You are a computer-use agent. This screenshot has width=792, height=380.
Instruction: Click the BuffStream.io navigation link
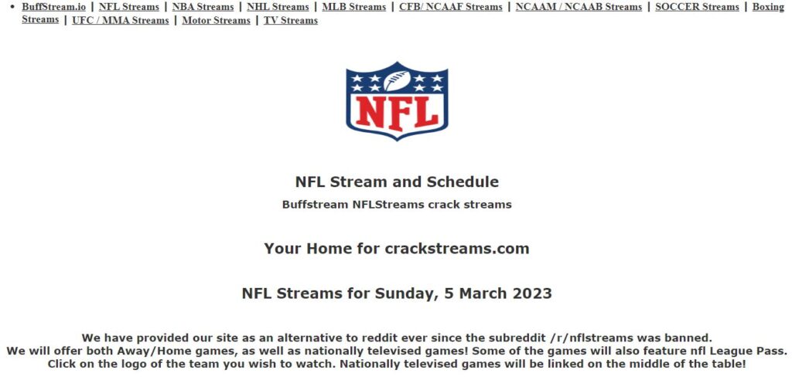point(53,7)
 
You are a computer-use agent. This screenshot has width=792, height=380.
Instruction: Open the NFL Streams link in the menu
point(129,7)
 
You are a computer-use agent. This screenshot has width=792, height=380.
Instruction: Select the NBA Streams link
point(203,7)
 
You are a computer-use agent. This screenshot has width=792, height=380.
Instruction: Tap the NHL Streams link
point(278,7)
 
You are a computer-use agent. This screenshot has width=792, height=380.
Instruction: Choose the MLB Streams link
point(354,7)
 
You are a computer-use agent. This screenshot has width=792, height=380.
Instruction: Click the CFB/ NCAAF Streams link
point(451,7)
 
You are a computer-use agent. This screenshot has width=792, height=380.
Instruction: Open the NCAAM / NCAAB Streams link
point(579,7)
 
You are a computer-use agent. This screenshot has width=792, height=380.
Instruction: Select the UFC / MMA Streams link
point(120,20)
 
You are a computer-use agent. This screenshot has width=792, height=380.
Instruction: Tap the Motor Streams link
point(217,20)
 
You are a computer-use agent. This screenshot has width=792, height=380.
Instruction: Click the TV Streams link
point(291,20)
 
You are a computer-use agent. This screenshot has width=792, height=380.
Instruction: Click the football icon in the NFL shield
point(397,81)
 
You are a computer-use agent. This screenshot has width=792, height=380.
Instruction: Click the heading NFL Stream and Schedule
point(397,182)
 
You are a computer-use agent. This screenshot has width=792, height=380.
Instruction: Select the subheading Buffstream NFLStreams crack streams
point(397,205)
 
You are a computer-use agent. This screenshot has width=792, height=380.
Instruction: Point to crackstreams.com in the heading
point(457,248)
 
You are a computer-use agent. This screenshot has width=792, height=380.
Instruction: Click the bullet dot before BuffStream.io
point(12,7)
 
